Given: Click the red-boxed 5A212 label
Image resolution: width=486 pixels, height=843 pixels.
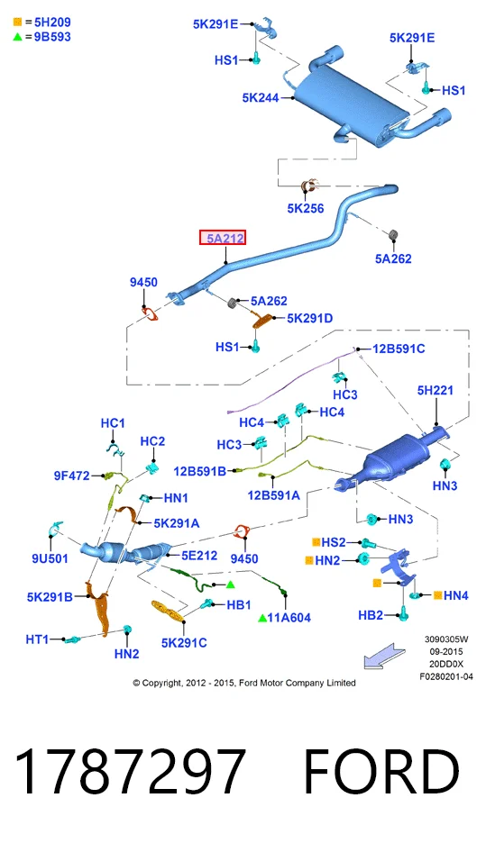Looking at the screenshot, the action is [x=223, y=238].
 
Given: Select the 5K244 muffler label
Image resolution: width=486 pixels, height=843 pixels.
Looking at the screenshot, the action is [x=261, y=97].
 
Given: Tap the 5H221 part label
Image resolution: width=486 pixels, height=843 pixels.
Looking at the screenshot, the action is [x=435, y=390].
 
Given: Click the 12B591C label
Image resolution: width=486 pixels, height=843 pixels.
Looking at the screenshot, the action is [x=399, y=349].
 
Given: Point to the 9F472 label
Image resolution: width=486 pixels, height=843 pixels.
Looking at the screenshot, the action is [x=71, y=476].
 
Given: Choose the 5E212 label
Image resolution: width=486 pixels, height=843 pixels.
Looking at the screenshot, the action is [x=199, y=556].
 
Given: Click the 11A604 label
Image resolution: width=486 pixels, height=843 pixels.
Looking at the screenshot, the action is [x=289, y=618].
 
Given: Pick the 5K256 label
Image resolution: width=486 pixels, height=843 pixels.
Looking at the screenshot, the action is [x=306, y=208].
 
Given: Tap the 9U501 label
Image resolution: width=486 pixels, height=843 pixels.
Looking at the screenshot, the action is [x=50, y=558].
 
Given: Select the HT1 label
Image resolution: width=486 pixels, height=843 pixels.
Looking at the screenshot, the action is [x=37, y=639].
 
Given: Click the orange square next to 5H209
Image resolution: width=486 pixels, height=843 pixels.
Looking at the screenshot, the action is [x=17, y=22].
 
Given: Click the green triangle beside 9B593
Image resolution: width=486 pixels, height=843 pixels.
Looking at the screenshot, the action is [x=17, y=37].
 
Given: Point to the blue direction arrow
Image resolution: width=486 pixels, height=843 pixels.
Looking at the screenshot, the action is [x=384, y=657].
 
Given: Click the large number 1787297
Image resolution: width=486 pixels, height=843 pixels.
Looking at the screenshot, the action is [x=130, y=772].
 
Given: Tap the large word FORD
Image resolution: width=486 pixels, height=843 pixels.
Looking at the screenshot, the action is [x=381, y=772].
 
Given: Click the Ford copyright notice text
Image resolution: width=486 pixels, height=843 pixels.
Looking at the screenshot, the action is [x=244, y=683].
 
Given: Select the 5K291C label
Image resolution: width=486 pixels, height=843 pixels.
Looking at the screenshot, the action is [x=184, y=642].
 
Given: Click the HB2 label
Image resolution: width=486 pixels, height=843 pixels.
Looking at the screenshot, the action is [x=371, y=615].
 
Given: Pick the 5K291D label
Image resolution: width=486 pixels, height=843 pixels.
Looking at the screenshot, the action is [x=309, y=318].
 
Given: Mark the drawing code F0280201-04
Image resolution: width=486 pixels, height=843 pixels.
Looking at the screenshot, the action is [x=446, y=676].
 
